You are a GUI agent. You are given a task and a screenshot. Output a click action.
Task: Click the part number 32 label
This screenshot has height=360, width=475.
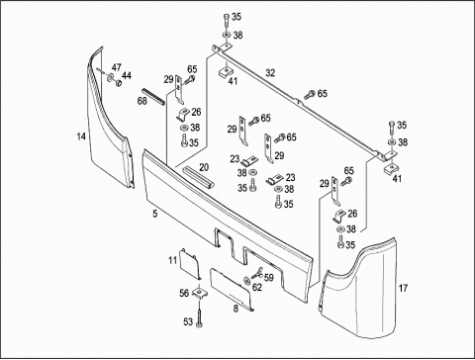pyautogui.click(x=270, y=73)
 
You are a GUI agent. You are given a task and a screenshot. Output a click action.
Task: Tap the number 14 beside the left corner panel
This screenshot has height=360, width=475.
pyautogui.click(x=81, y=136)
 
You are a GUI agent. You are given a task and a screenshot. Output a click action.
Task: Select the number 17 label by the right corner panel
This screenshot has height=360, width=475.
pyautogui.click(x=403, y=288)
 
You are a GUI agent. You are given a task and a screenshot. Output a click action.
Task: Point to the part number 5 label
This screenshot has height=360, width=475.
pyautogui.click(x=155, y=214)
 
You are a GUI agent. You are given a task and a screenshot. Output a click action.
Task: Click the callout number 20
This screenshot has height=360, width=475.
pyautogui.click(x=204, y=167)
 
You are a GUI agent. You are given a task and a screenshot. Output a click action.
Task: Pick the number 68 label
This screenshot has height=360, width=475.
pyautogui.click(x=142, y=101)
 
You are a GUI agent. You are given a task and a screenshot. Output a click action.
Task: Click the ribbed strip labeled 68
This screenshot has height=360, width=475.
pyautogui.click(x=152, y=97)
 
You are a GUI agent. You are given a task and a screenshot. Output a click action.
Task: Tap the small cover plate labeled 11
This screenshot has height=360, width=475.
pyautogui.click(x=190, y=263)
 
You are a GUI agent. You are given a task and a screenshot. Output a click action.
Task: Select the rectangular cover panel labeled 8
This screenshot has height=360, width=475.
pyautogui.click(x=233, y=290)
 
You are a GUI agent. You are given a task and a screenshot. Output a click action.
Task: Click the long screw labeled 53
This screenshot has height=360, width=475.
pyautogui.click(x=199, y=317)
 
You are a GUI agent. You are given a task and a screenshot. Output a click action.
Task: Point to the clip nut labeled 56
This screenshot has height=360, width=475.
pyautogui.click(x=199, y=292)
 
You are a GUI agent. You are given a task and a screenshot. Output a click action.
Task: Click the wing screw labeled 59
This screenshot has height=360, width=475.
pyautogui.click(x=257, y=272)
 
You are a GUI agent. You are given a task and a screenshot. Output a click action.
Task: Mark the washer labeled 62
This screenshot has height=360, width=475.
pyautogui.click(x=247, y=281)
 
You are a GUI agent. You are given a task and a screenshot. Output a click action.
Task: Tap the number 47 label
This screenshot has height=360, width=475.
pyautogui.click(x=116, y=67)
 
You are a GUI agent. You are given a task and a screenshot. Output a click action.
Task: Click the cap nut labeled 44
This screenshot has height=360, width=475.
pyautogui.click(x=118, y=82)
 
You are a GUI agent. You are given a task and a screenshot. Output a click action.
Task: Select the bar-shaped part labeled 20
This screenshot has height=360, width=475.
pyautogui.click(x=199, y=177)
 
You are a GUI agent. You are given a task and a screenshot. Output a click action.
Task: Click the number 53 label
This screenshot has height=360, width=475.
pyautogui.click(x=188, y=321)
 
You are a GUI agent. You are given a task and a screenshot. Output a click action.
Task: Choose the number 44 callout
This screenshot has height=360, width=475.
pyautogui.click(x=127, y=75)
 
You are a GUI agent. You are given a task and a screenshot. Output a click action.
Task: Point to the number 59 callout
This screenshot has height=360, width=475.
pyautogui.click(x=269, y=278)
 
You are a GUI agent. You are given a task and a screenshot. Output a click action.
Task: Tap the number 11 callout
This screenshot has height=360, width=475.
pyautogui.click(x=173, y=260)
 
